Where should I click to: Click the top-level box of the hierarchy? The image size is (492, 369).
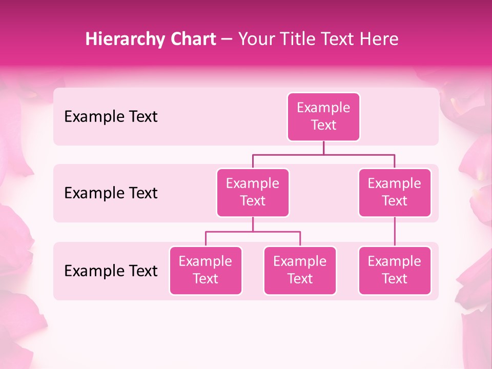point(323,117)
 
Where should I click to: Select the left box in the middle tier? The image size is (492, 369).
point(253,193)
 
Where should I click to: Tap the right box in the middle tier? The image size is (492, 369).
point(395,193)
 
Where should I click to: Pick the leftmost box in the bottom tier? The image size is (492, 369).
point(206,271)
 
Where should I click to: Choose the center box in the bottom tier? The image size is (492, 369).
point(300,271)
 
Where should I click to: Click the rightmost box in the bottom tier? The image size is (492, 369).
point(395,271)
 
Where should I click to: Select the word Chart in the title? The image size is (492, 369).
point(191,39)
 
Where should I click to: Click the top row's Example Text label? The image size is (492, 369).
point(111,117)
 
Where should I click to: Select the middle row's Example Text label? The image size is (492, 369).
point(111,193)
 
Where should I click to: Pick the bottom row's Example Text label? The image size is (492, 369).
point(111,271)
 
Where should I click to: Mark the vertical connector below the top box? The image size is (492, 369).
point(323,148)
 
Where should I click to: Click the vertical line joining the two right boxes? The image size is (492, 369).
point(395,232)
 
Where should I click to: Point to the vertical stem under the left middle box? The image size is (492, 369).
point(253,224)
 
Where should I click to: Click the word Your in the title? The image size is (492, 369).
point(256,39)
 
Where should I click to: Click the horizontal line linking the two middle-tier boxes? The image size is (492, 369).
point(323,154)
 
